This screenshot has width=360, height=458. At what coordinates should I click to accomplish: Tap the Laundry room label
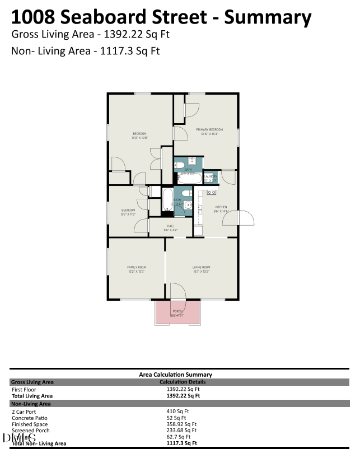tap(211, 176)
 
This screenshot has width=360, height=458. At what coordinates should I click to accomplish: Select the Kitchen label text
tap(221, 207)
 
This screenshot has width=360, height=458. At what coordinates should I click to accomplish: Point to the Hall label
tap(170, 226)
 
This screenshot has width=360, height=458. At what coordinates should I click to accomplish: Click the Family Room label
tap(136, 268)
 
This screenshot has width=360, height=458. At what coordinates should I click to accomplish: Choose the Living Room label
tap(201, 268)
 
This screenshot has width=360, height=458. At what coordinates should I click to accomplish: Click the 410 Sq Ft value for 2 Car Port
tap(177, 412)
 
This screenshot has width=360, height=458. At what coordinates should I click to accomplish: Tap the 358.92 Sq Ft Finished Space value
tap(181, 424)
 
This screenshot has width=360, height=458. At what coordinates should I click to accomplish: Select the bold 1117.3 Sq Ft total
tap(181, 443)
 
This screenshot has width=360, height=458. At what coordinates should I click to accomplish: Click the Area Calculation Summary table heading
tap(175, 375)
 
